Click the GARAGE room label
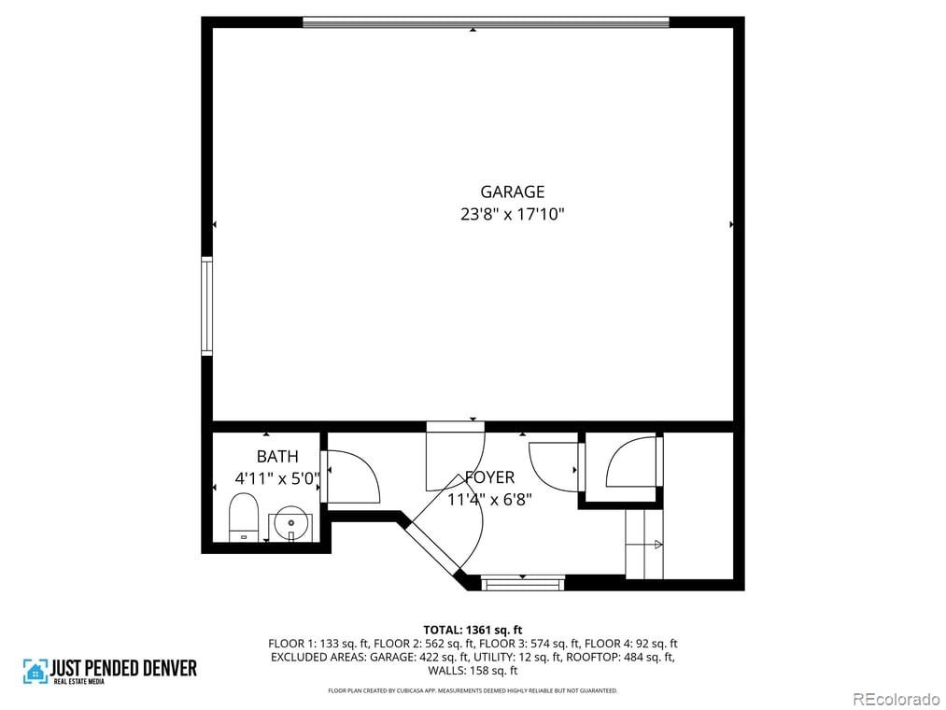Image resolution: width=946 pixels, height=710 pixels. click(x=512, y=192)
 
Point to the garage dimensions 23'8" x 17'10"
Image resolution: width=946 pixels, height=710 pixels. click(x=512, y=214)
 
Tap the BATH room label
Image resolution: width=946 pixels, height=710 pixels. click(x=277, y=457)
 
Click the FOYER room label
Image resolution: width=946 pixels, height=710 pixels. click(x=489, y=478)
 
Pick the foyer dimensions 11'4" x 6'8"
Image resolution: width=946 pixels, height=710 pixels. click(x=489, y=499)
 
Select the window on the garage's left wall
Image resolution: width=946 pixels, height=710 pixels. click(x=206, y=305)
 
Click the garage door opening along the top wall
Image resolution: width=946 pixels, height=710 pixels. click(x=486, y=21)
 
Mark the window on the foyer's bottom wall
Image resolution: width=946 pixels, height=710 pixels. click(x=522, y=583)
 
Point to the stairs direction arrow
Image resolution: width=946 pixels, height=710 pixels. click(x=657, y=544)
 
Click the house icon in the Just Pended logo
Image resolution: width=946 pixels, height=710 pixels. click(x=35, y=671)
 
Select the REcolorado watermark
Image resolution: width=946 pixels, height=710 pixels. click(x=895, y=698)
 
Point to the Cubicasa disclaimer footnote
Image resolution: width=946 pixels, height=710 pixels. click(x=473, y=690)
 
